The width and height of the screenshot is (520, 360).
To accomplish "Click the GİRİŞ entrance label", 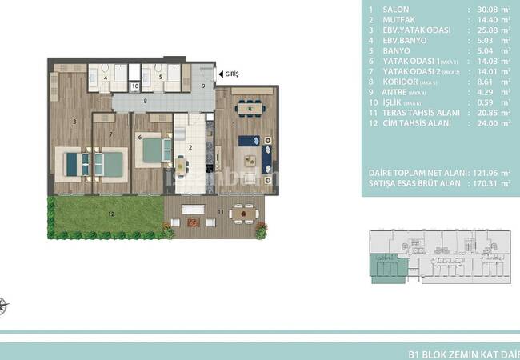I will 233,74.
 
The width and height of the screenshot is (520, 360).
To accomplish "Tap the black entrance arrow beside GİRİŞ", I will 220,74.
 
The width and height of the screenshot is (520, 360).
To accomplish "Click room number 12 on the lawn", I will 111,214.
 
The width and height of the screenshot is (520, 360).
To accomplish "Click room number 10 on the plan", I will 135,85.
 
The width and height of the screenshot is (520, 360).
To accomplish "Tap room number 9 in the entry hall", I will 203,86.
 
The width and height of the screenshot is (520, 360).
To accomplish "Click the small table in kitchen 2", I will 182,166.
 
